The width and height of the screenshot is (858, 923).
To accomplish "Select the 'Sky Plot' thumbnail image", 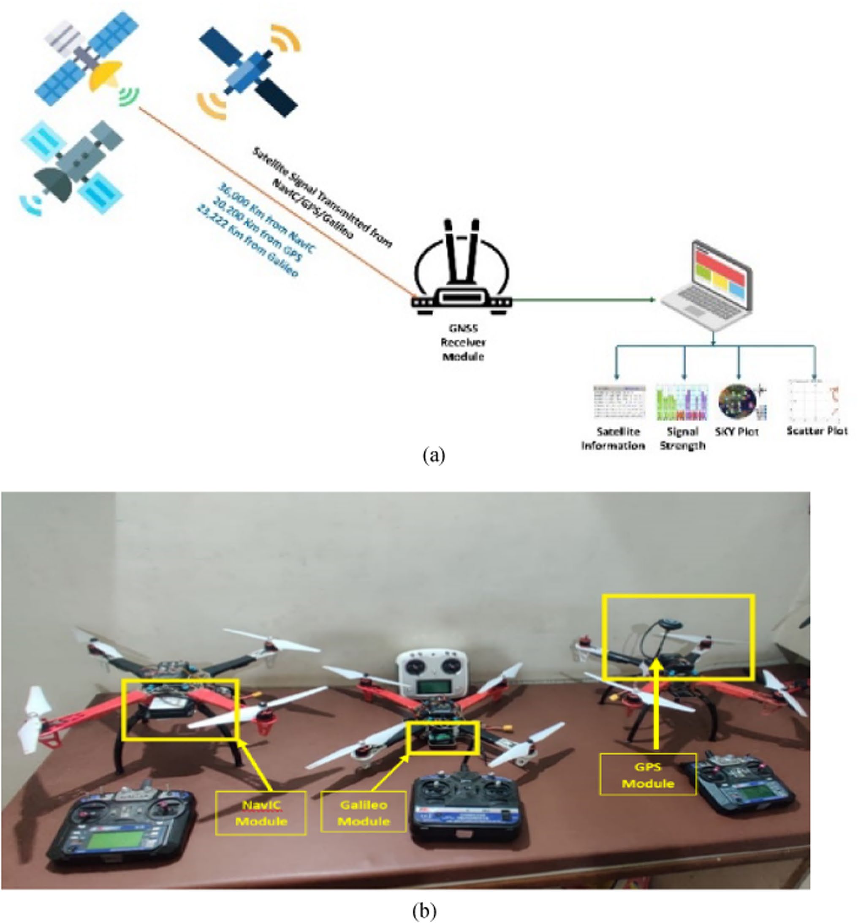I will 736,400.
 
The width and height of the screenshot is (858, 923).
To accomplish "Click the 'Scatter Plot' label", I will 816,431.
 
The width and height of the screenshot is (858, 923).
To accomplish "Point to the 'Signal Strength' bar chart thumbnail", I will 682,402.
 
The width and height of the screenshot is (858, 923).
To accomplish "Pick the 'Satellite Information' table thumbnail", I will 619,402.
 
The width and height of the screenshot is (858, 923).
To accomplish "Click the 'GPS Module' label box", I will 647,775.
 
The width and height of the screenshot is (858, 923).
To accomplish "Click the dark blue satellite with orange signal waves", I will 249,72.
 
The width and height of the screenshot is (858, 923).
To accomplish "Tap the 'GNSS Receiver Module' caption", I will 463,342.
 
